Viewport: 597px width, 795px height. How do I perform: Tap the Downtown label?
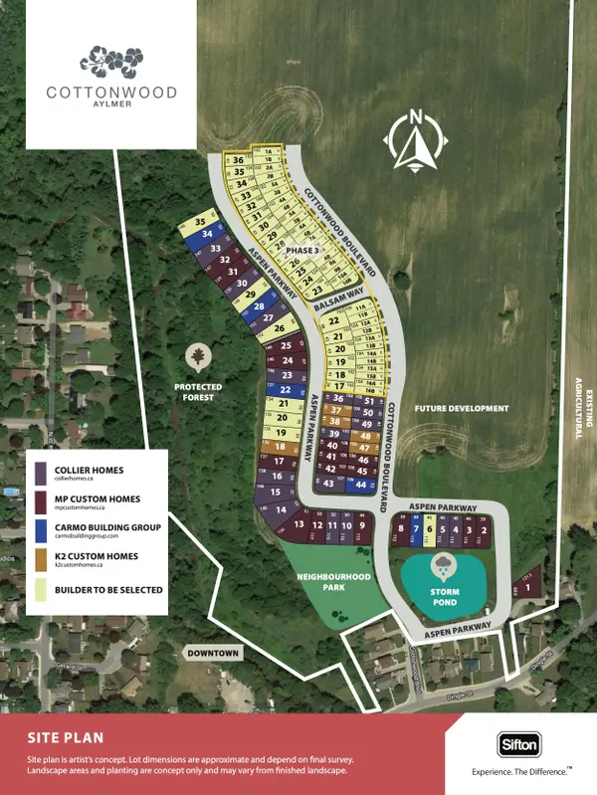point(213,653)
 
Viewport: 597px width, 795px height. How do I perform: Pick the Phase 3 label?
point(301,251)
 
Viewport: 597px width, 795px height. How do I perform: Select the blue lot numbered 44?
point(361,485)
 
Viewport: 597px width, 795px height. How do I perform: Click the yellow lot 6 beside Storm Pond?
point(429,531)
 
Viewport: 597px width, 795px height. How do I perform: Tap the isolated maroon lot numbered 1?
point(528,588)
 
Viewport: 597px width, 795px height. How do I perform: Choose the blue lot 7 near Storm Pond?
point(415,531)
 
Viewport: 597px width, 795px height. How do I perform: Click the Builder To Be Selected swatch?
point(39,590)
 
